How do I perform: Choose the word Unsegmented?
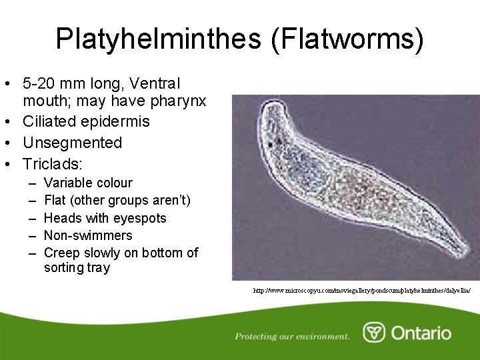tap(73, 143)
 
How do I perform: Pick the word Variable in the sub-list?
tap(68, 183)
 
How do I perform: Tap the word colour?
tap(115, 183)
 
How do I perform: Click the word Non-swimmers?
tap(88, 235)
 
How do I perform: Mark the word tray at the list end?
tap(97, 268)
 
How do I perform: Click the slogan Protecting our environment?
tap(292, 336)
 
